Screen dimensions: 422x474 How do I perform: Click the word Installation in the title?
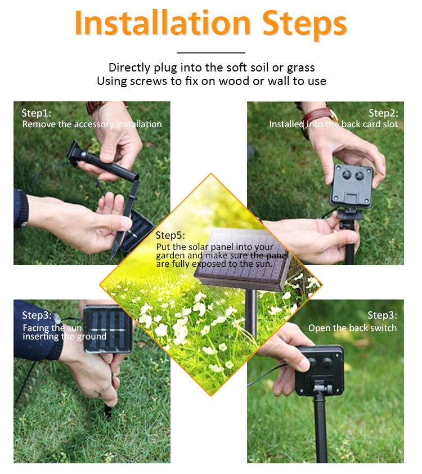163,23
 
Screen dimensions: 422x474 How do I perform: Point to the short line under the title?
211,52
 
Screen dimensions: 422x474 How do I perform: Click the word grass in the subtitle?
301,68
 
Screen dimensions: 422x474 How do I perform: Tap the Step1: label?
36,113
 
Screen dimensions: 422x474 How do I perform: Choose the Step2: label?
383,113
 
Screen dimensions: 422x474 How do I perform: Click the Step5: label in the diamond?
170,235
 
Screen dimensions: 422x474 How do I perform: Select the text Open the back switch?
352,328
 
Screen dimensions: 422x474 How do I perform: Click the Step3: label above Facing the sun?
37,315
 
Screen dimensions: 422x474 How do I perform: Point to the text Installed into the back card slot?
334,124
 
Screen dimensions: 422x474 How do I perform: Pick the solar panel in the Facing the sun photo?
108,329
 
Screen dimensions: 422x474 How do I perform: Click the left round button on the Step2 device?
347,175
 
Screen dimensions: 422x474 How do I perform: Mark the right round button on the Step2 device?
360,175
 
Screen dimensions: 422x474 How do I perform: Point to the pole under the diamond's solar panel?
251,314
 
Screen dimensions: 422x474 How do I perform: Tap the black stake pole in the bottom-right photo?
320,430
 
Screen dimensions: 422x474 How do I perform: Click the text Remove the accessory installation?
92,124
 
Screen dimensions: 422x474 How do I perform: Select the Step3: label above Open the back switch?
382,315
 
